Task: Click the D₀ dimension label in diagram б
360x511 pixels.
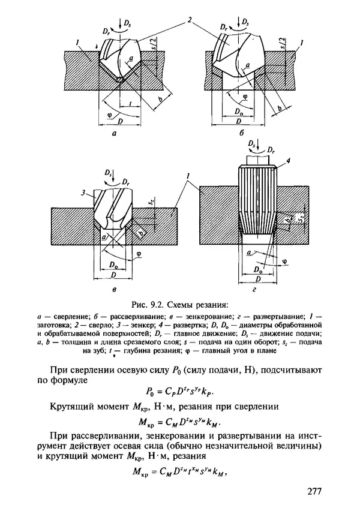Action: pos(241,112)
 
